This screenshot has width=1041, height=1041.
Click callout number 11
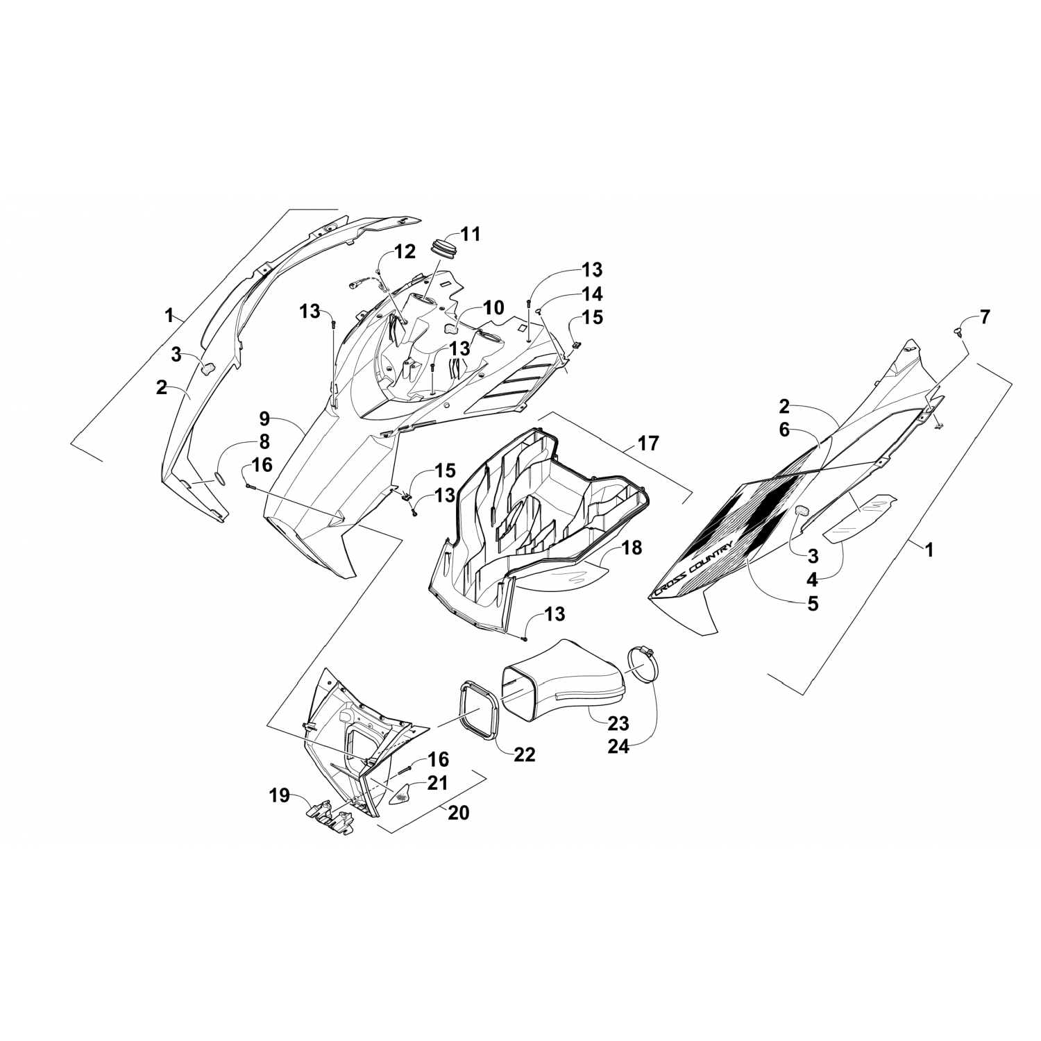[471, 234]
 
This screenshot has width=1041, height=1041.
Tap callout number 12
[405, 251]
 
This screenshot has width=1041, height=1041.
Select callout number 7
[985, 319]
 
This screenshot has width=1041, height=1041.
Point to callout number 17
[648, 442]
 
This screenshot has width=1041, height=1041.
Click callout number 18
[632, 548]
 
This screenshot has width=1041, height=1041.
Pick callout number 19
[280, 796]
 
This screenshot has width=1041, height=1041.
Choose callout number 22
[525, 754]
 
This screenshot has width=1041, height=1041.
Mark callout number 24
[618, 747]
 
